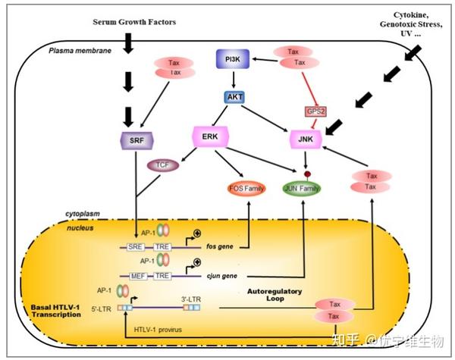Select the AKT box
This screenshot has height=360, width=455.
click(x=233, y=97)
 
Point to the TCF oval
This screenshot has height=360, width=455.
click(x=161, y=164)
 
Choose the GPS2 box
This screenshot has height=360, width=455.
click(x=315, y=111)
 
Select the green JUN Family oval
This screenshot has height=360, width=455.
click(x=301, y=187)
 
